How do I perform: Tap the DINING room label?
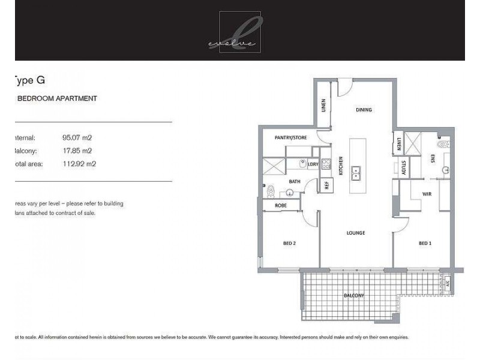tap(364, 110)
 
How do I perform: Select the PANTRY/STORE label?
tap(290, 138)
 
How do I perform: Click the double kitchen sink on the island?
tap(356, 173)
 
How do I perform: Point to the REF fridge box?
tap(327, 185)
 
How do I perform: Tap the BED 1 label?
tap(425, 243)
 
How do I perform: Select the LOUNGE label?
tap(356, 233)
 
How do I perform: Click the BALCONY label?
tap(354, 296)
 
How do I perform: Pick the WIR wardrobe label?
tap(427, 194)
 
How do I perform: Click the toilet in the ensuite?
tap(445, 145)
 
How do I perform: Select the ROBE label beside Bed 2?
tap(280, 205)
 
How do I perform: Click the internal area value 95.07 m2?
tap(77, 137)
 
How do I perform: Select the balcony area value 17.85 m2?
tap(77, 151)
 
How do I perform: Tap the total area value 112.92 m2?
tap(79, 163)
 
